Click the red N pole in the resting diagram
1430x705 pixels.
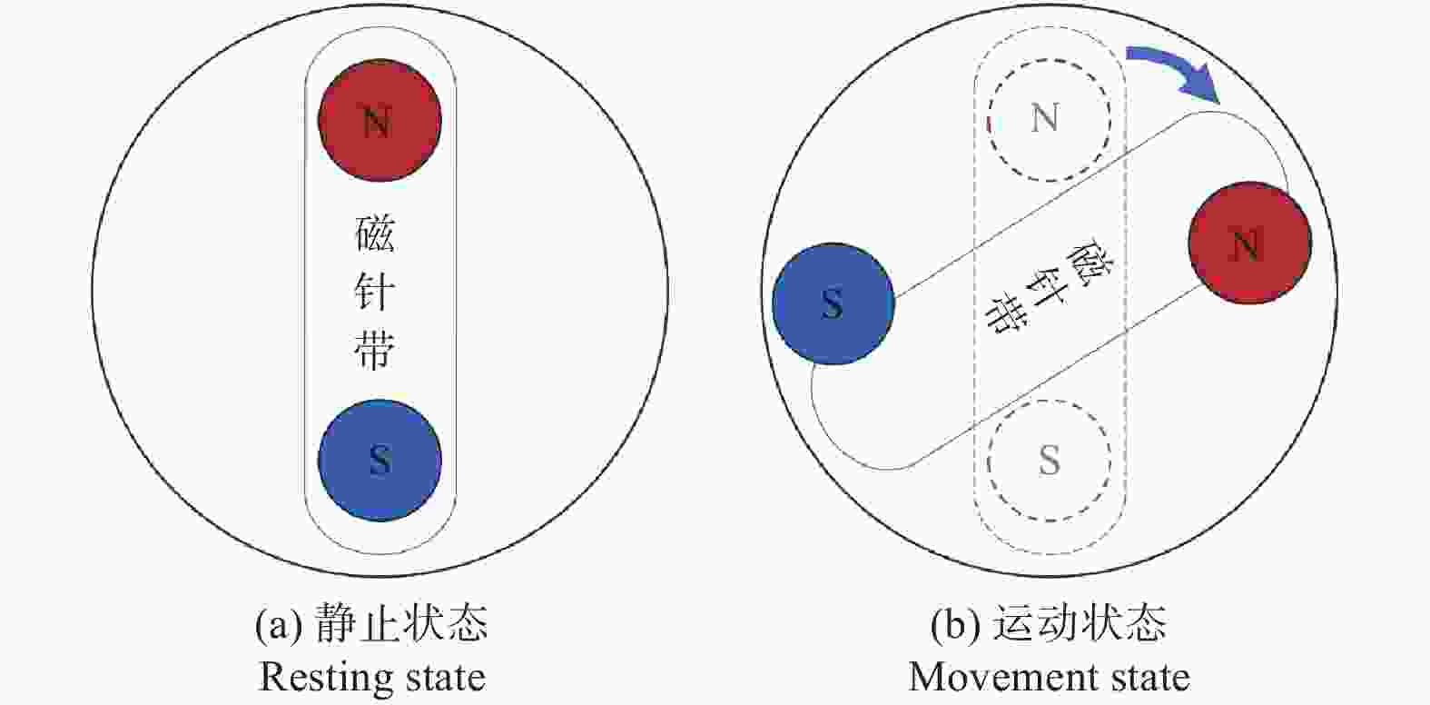click(380, 120)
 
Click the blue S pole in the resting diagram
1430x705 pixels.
click(380, 460)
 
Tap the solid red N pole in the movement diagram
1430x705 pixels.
click(1250, 243)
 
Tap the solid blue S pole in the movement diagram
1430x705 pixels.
click(833, 303)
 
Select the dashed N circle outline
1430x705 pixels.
click(1049, 120)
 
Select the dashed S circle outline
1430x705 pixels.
click(1049, 460)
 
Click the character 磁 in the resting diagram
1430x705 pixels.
click(374, 233)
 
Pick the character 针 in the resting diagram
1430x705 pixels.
click(374, 292)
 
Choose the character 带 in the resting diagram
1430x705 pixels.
click(374, 350)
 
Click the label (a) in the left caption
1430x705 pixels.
click(277, 625)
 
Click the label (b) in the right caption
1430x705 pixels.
click(953, 625)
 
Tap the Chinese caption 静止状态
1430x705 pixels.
click(400, 624)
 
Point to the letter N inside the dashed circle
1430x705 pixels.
click(1046, 118)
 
